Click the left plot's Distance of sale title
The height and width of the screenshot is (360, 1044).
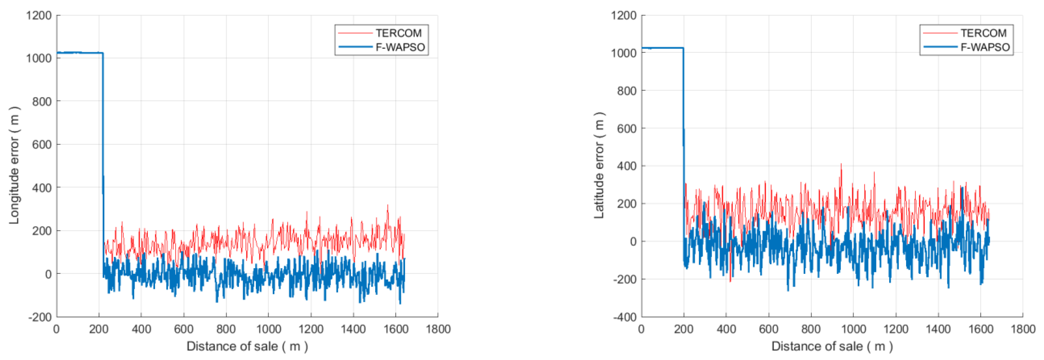[x=247, y=346]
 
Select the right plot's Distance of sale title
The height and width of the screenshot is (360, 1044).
[x=832, y=346]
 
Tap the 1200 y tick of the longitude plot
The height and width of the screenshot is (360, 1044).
[x=39, y=15]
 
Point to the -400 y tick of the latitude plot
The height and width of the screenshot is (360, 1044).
[x=624, y=317]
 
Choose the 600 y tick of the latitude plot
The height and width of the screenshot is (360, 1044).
[x=627, y=128]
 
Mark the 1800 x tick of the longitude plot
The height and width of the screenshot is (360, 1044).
[x=438, y=329]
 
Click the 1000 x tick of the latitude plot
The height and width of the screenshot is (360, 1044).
[x=853, y=329]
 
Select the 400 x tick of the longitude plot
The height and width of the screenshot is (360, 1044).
[x=141, y=329]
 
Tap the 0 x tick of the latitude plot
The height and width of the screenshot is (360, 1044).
[x=642, y=329]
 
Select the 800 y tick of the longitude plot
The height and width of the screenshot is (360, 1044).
[x=42, y=101]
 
